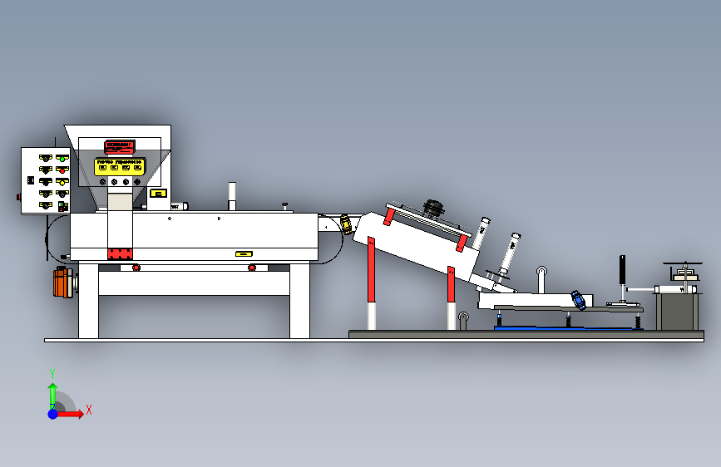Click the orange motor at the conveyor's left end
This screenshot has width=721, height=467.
(x=60, y=283)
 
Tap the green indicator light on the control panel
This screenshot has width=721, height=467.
(x=62, y=158)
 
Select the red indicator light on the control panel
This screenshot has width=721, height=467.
(x=62, y=170)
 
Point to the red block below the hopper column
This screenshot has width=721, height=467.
(x=120, y=253)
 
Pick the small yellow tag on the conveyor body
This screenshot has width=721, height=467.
(x=243, y=253)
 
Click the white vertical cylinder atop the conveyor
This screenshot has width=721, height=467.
(x=232, y=195)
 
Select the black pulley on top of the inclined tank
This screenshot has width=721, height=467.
(x=433, y=206)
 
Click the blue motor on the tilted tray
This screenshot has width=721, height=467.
(x=576, y=299)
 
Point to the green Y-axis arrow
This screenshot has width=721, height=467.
(x=52, y=392)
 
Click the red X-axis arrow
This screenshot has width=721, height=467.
(x=72, y=413)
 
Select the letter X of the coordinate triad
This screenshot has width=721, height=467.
(x=88, y=410)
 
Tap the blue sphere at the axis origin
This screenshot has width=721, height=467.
(x=52, y=413)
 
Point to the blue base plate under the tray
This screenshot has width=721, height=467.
(x=565, y=327)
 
